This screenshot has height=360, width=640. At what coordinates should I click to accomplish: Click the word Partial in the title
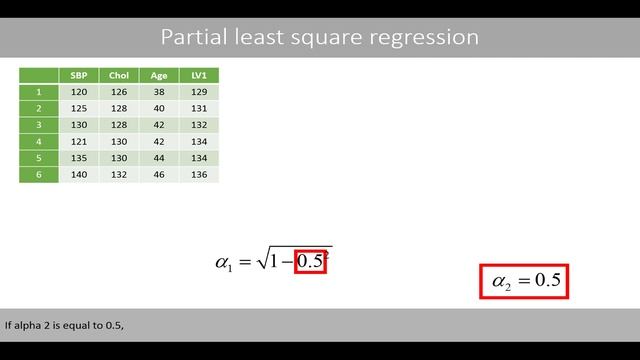coord(191,38)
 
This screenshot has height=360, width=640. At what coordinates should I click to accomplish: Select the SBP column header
coord(79,75)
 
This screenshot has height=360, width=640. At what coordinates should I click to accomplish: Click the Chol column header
coord(119,75)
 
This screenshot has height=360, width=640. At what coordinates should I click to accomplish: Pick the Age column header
coord(159,75)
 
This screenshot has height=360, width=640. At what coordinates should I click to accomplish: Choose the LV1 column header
coord(198,75)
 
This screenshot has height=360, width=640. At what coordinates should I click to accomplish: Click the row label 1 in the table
coord(39,91)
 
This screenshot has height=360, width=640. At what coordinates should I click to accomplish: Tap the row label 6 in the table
coord(39,174)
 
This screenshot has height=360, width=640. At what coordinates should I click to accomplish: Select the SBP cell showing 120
coord(79,91)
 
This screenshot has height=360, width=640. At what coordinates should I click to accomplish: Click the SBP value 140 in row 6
coord(79,174)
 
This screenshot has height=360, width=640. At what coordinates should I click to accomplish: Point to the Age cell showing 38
coord(159,91)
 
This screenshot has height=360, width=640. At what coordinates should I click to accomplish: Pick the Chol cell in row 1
coord(119,91)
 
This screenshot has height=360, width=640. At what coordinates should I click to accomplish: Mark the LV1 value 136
coord(198,174)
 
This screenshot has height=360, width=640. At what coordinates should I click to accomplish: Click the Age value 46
coord(159,174)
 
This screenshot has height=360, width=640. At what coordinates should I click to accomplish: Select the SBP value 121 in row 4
coord(79,141)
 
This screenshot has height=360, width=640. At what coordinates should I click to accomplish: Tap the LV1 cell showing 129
coord(198,91)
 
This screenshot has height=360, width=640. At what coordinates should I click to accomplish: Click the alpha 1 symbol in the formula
coord(224,264)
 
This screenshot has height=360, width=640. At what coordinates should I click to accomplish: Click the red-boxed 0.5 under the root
coord(310,261)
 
